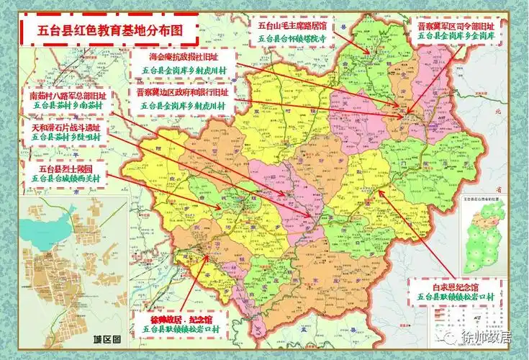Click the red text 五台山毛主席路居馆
tap(293, 24)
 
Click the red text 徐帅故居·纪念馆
tap(179, 317)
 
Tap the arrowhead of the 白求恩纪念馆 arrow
tap(380, 192)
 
